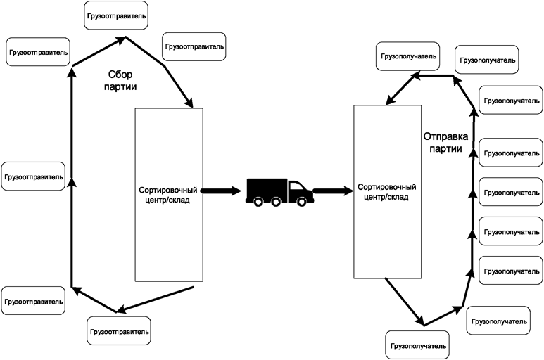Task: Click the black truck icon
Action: pyautogui.click(x=279, y=191)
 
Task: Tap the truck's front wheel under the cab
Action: pyautogui.click(x=302, y=202)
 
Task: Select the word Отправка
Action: pyautogui.click(x=443, y=136)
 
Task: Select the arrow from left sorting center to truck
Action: pyautogui.click(x=221, y=190)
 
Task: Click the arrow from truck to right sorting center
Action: pyautogui.click(x=333, y=190)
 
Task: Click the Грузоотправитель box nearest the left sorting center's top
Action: pyautogui.click(x=194, y=46)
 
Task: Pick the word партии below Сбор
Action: pyautogui.click(x=120, y=86)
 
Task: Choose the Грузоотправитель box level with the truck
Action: pyautogui.click(x=33, y=176)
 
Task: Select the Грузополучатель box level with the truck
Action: pyautogui.click(x=511, y=192)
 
